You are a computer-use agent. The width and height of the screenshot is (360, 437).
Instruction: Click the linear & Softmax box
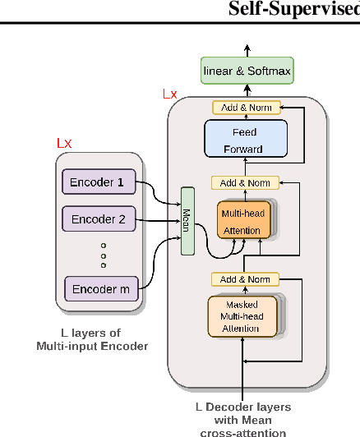[x=247, y=71]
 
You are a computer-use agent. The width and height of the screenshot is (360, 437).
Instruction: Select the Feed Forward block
[x=246, y=140]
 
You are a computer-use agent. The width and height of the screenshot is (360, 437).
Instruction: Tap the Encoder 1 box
[x=98, y=182]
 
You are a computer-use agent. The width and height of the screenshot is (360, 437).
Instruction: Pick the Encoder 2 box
[x=98, y=219]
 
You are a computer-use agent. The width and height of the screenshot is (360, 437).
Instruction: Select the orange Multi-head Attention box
[x=243, y=221]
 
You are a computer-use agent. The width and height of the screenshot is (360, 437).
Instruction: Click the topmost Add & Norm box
[x=246, y=108]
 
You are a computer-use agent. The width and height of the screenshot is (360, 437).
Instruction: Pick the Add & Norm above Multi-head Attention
[x=245, y=182]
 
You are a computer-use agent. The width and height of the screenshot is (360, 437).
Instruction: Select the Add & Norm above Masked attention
[x=245, y=279]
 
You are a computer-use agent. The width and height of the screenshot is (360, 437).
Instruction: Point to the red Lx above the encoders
[x=64, y=144]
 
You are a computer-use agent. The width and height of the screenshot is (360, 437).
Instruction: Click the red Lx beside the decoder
[x=169, y=94]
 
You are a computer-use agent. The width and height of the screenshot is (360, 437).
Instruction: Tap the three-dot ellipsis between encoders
[x=104, y=255]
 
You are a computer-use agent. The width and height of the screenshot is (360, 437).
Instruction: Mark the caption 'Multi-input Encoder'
[x=92, y=346]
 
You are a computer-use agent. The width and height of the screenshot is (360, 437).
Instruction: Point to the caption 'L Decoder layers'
[x=243, y=407]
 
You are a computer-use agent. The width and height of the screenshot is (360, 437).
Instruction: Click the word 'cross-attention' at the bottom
[x=243, y=432]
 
